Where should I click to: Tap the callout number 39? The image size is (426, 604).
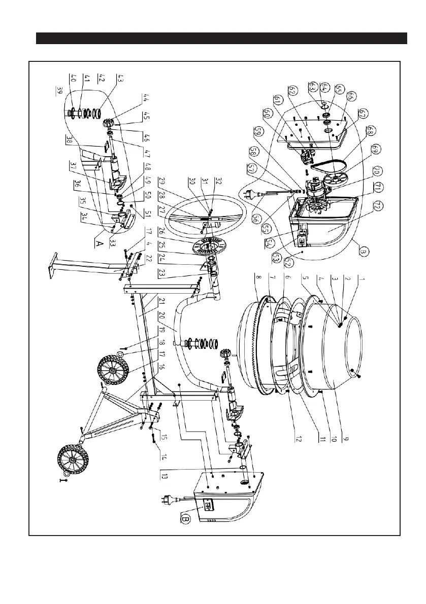click(60, 91)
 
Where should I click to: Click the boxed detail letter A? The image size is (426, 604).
click(100, 243)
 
